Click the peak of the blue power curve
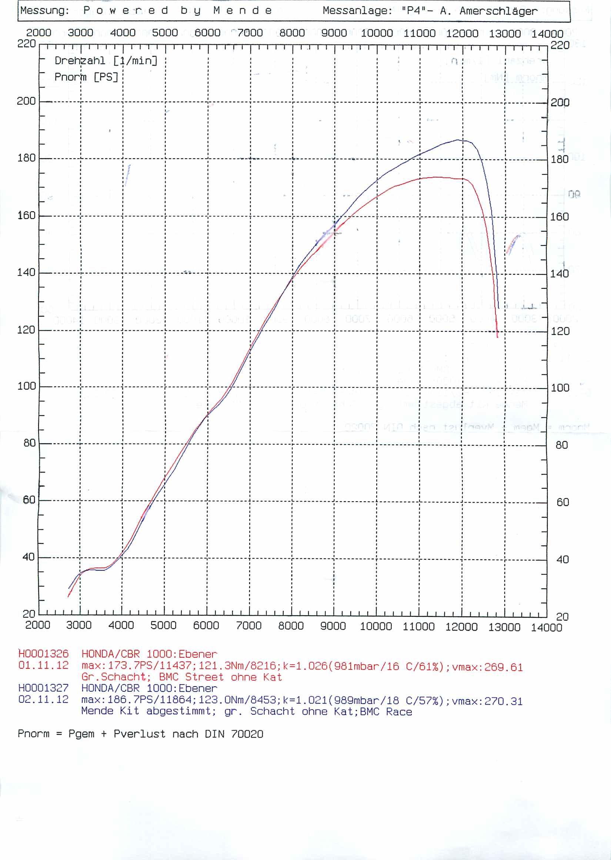point(458,140)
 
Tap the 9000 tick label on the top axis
point(334,33)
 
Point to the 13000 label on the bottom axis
point(504,627)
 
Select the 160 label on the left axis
point(26,215)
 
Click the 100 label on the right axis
point(560,388)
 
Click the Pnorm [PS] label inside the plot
point(86,77)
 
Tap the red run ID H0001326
point(44,654)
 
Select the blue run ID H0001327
point(44,688)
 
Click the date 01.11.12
point(44,665)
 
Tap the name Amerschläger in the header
point(498,11)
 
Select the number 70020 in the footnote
point(247,734)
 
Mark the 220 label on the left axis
point(26,44)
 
